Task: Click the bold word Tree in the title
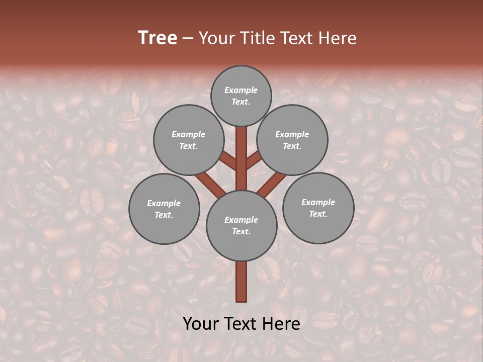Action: (x=157, y=38)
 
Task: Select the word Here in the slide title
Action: (x=338, y=38)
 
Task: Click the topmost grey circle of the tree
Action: (x=241, y=96)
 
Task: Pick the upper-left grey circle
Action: (x=188, y=140)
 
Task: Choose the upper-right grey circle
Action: (x=292, y=140)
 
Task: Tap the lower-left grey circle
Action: (x=164, y=209)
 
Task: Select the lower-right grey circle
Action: (x=318, y=208)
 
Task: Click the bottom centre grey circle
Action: (x=242, y=225)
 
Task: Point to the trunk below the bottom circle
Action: (x=242, y=282)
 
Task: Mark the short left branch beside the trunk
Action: (x=228, y=161)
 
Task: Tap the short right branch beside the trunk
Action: (x=254, y=160)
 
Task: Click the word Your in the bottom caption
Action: (x=201, y=324)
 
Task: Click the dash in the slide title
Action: (x=188, y=38)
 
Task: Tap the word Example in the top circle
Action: (x=241, y=90)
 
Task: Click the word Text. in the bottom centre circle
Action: (x=241, y=231)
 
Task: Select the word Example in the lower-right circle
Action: (x=318, y=202)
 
